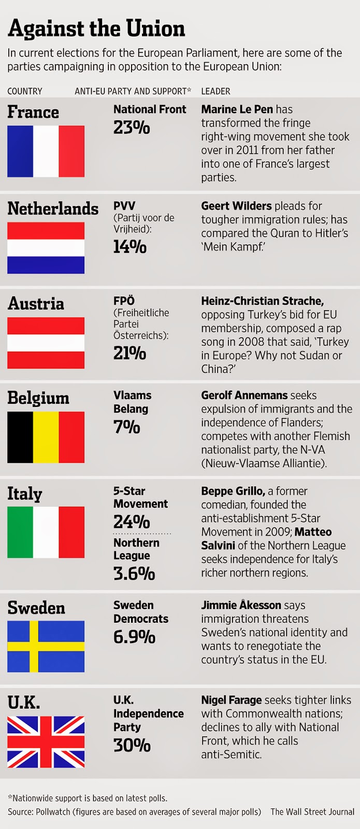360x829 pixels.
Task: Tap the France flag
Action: (46, 151)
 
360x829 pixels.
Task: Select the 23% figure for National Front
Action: (132, 127)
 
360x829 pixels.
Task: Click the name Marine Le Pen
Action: (237, 109)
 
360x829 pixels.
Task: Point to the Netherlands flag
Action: (46, 248)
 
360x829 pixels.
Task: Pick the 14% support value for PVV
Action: (130, 247)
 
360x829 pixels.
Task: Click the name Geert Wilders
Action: (236, 206)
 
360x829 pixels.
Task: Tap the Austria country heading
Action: (36, 304)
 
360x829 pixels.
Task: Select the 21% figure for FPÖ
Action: (130, 353)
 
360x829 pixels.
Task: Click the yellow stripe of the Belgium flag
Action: (46, 437)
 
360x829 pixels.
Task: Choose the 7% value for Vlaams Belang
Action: (127, 427)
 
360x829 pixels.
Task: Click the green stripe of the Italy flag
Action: (20, 532)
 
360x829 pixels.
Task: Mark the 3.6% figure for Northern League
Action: (134, 573)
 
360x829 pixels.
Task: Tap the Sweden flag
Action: (46, 646)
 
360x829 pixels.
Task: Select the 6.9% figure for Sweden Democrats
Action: (134, 637)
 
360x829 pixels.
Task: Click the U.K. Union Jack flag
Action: (46, 741)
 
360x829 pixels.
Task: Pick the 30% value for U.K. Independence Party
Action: (132, 745)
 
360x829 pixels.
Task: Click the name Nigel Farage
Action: (232, 700)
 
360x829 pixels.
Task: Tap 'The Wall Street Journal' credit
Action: (312, 811)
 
